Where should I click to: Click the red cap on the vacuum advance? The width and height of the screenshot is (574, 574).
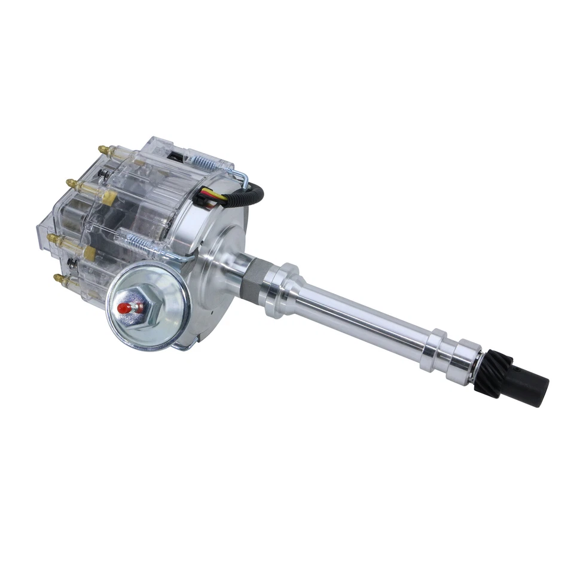click(124, 308)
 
